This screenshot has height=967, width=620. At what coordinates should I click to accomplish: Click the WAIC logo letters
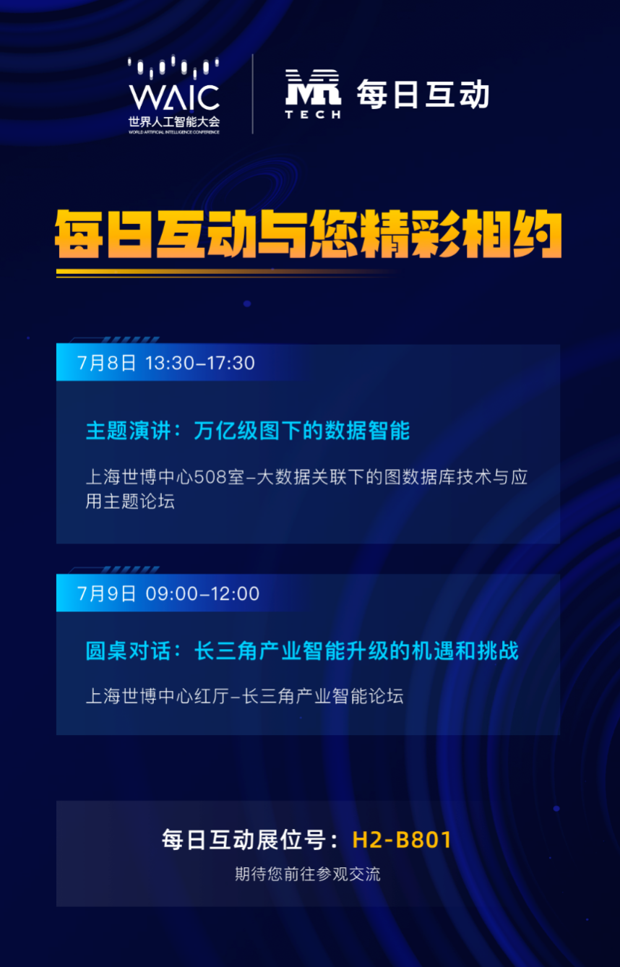(x=174, y=97)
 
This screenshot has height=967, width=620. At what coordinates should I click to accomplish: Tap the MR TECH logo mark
(x=313, y=93)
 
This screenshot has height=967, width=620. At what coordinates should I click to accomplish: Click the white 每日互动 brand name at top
(x=423, y=94)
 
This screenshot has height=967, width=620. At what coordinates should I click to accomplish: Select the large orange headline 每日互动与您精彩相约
(x=309, y=234)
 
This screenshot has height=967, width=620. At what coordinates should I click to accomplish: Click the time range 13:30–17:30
(x=200, y=363)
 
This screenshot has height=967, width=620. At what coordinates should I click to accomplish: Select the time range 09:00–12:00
(x=202, y=593)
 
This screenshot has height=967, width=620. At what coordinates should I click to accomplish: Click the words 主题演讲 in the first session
(x=128, y=431)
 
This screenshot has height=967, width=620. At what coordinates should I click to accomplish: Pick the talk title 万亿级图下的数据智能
(x=302, y=431)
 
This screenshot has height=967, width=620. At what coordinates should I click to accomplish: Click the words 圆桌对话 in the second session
(x=128, y=650)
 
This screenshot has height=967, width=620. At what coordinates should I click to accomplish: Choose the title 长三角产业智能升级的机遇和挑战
(x=357, y=650)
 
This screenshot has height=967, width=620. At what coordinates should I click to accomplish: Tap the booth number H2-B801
(x=402, y=840)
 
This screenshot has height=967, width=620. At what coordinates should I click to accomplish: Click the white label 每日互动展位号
(x=244, y=840)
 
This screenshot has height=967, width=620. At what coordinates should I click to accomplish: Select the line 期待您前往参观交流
(x=308, y=874)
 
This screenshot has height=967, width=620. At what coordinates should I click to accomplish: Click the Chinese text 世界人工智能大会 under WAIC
(x=174, y=121)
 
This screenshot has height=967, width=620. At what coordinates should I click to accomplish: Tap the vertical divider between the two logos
(x=253, y=94)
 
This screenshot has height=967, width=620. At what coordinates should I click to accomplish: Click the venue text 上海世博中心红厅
(x=157, y=696)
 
